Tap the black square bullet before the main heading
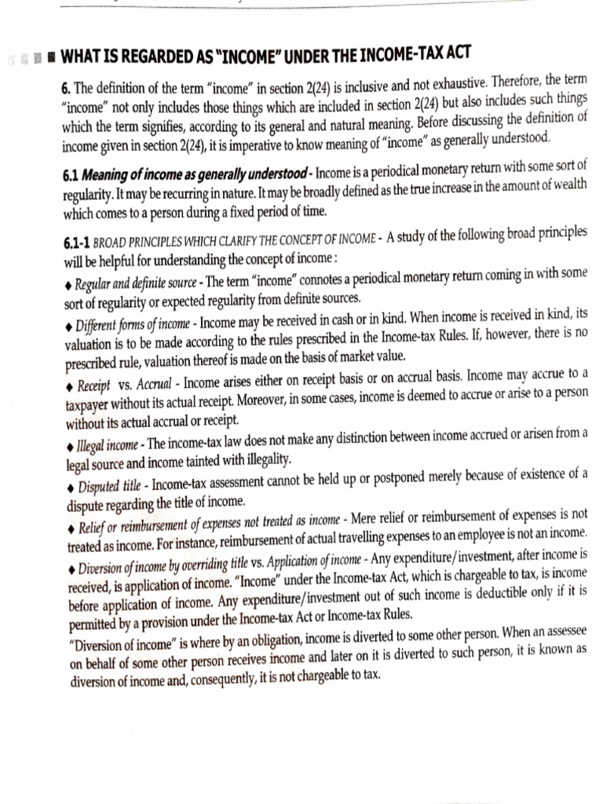click(49, 58)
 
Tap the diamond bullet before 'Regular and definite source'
click(69, 283)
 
